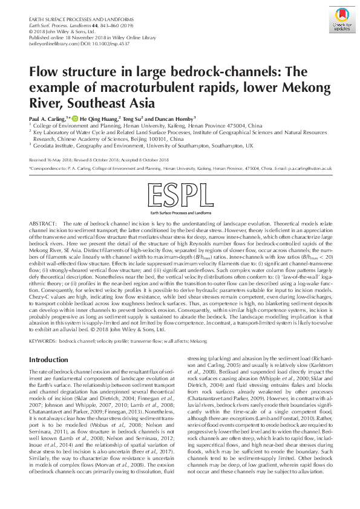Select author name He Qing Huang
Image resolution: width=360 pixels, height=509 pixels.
[98, 118]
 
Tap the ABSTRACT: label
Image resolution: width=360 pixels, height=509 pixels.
[44, 224]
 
